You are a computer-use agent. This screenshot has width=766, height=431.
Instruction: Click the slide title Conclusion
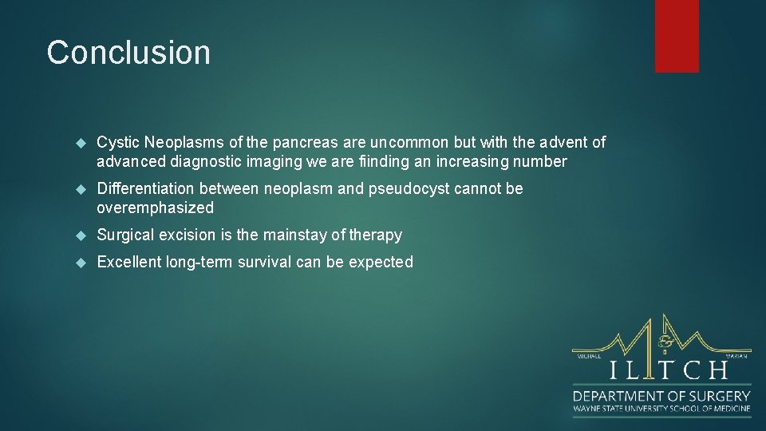click(128, 53)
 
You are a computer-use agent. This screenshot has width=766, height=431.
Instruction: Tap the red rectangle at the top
click(677, 36)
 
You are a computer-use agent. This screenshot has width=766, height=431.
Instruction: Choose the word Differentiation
click(145, 188)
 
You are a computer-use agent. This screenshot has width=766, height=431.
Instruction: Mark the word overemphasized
click(155, 208)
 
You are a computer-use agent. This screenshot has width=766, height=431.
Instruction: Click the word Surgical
click(126, 235)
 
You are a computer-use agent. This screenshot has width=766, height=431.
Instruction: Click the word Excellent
click(128, 262)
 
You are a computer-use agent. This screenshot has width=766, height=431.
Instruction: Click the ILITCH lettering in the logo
click(669, 370)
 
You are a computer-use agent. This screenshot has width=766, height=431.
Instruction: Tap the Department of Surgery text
click(661, 396)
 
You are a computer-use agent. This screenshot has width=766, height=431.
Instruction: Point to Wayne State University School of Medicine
click(661, 409)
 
